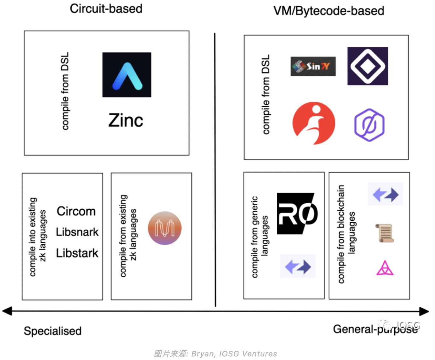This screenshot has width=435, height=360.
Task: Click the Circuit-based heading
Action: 106,9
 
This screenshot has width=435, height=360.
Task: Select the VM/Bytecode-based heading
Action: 329,11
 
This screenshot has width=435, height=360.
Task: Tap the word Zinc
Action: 126,120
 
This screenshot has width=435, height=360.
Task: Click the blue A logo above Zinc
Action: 127,75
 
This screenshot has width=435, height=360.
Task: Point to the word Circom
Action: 76,211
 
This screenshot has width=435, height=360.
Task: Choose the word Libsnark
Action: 77,232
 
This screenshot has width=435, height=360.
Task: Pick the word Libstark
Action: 77,253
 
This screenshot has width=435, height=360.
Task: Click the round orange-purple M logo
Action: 164,228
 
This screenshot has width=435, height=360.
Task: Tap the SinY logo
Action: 313,67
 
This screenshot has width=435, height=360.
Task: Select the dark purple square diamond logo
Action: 367,66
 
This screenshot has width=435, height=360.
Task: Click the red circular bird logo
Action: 313,123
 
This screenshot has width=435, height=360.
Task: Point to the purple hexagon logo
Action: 369,125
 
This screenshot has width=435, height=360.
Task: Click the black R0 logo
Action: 297,214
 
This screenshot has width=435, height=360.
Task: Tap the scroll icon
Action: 385,233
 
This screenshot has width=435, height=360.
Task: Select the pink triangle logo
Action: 385,268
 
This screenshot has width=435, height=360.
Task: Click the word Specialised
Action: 53,331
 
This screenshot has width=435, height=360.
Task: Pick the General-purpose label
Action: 375,329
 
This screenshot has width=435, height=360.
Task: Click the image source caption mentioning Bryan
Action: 215,354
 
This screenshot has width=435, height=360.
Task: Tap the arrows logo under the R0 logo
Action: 298,266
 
